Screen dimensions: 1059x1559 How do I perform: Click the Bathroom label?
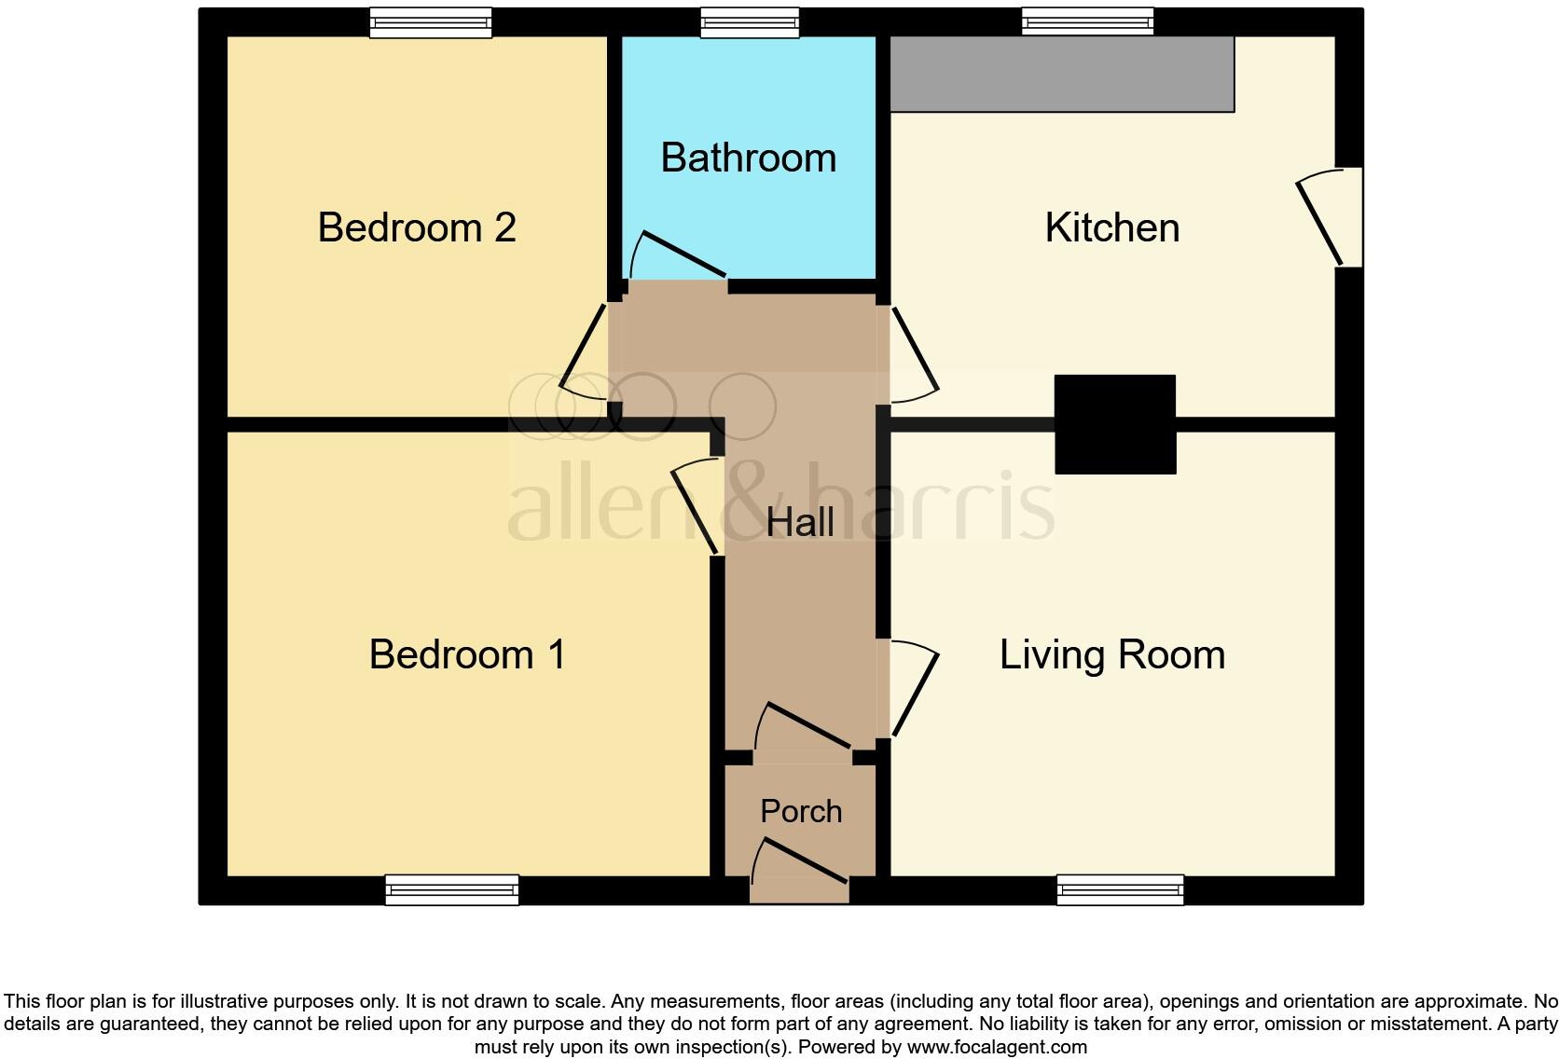pos(748,158)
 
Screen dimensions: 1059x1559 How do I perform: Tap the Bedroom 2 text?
pos(417,228)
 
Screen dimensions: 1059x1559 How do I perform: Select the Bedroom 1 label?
pos(467,654)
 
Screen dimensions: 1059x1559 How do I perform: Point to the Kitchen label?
pos(1111,228)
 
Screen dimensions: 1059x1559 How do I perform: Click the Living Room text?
pos(1111,654)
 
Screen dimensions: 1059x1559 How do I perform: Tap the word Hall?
pos(800,522)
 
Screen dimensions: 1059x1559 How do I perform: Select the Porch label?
pos(801,811)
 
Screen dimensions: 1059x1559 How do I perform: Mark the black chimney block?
pos(1114,424)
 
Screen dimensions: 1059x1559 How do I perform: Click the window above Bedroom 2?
pos(430,22)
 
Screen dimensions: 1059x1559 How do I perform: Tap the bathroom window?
pos(750,22)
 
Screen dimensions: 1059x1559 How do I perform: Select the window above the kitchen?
pos(1087,22)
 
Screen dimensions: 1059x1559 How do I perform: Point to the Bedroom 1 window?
pos(452,890)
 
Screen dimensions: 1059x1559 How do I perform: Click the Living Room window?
pos(1120,890)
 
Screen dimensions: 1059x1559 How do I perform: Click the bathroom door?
pos(679,256)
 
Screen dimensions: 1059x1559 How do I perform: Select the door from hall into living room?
pos(912,688)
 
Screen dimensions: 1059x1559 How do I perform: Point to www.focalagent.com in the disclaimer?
pos(997,1047)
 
